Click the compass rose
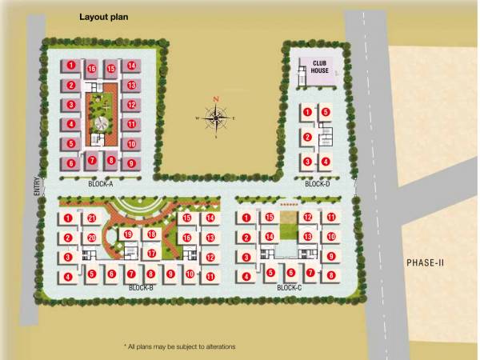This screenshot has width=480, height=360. [x=216, y=118]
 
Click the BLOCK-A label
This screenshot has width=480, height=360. [x=101, y=184]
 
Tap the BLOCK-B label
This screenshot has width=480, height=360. [x=142, y=287]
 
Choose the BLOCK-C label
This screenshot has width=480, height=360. [x=289, y=287]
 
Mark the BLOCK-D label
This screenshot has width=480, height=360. [x=318, y=184]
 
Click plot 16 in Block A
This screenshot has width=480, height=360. [x=92, y=69]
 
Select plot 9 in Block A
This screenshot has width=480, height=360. [x=130, y=162]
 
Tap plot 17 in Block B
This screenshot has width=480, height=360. [x=151, y=254]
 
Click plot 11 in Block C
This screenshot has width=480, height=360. [x=330, y=218]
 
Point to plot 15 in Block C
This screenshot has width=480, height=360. [x=270, y=218]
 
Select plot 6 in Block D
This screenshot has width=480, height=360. [x=326, y=112]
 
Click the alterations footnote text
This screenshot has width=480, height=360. [x=180, y=346]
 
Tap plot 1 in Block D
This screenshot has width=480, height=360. [x=307, y=112]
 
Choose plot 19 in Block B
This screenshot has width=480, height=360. [x=127, y=234]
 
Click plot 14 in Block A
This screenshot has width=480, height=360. [x=130, y=66]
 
